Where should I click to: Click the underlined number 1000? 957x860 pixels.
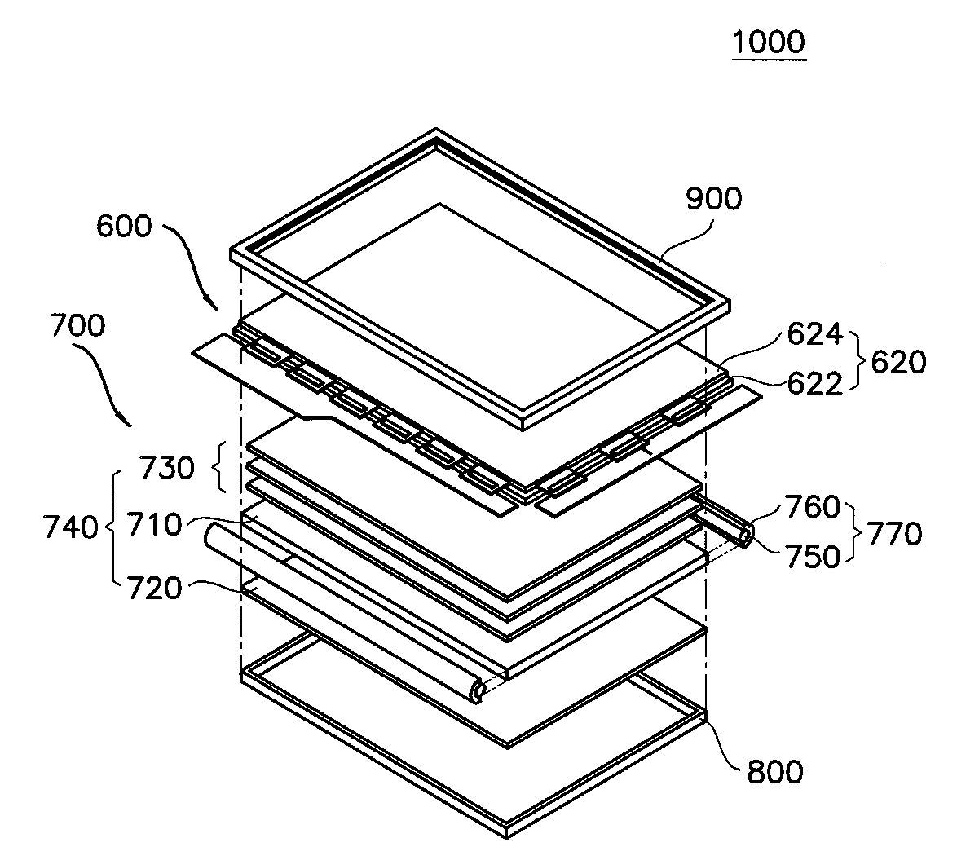(769, 42)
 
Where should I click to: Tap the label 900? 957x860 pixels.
(713, 199)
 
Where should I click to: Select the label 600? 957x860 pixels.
(124, 227)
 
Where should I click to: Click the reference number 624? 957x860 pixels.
(815, 334)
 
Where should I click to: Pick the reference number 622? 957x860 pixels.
(815, 383)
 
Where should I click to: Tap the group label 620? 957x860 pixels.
(898, 362)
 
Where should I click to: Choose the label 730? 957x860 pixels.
(167, 468)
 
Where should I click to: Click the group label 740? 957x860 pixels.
(71, 527)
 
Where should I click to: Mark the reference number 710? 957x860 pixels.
(154, 524)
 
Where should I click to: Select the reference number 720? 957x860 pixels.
(154, 589)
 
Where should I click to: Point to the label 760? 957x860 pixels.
(813, 507)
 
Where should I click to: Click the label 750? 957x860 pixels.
(813, 556)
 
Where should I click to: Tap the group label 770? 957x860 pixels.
(895, 534)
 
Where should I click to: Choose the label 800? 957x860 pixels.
(775, 772)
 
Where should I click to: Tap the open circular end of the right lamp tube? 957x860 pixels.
(744, 536)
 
